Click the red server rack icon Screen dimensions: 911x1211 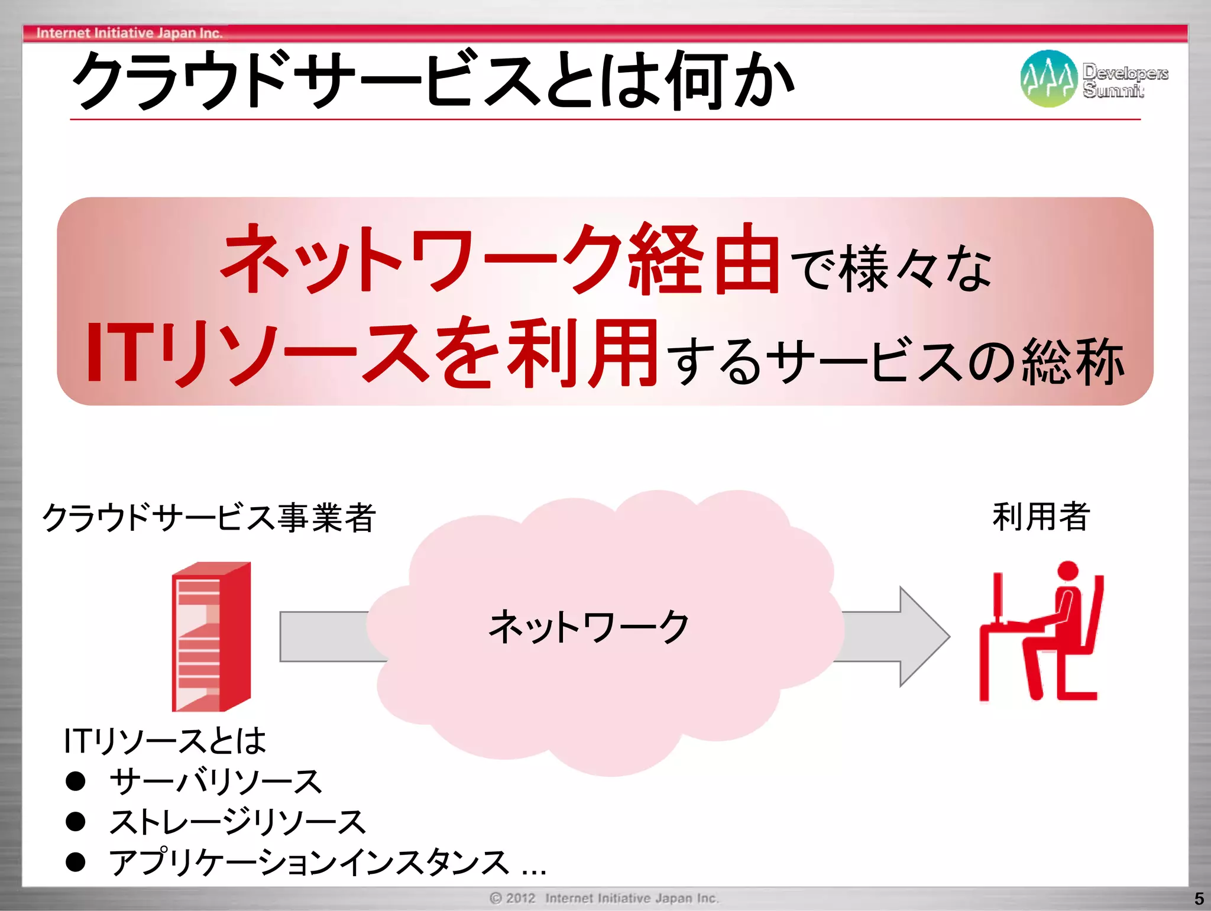point(211,637)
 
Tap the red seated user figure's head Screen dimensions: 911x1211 point(1067,572)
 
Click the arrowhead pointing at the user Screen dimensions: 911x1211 point(925,637)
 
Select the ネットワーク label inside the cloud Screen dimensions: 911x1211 point(589,627)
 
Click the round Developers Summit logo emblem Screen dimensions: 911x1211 point(1048,79)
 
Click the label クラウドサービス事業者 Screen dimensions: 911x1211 point(209,518)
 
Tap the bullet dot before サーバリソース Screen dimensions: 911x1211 point(76,781)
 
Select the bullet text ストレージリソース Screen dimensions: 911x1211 point(238,822)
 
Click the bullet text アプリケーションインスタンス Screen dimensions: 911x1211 point(309,862)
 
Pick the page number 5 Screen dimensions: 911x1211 point(1199,899)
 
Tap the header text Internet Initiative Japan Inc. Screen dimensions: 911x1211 point(129,33)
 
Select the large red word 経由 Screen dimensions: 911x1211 point(704,260)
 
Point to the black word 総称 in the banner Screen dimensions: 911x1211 point(1073,362)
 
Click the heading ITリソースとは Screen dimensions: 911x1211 point(165,741)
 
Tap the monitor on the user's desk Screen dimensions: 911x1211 point(998,597)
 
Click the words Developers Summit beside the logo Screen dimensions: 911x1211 point(1125,80)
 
